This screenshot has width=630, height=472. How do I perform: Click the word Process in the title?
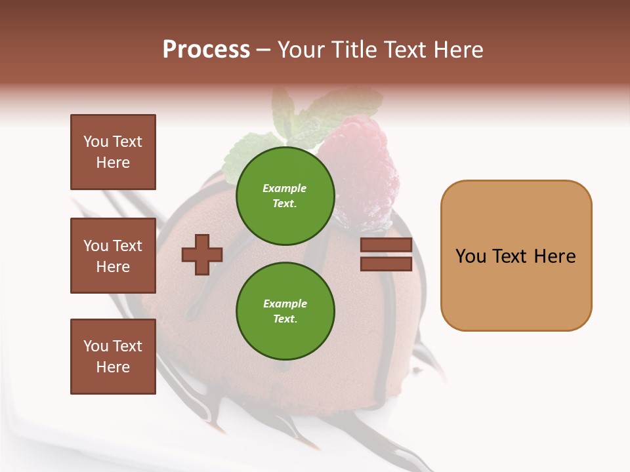click(x=206, y=50)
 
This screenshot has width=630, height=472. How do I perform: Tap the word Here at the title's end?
click(x=459, y=50)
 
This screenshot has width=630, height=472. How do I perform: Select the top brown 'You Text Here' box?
click(x=113, y=152)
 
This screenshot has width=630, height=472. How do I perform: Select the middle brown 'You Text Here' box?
click(x=113, y=256)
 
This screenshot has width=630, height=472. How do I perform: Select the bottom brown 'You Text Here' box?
click(x=113, y=357)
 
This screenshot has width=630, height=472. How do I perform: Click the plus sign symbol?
click(x=202, y=254)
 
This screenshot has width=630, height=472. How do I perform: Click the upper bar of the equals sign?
click(x=386, y=245)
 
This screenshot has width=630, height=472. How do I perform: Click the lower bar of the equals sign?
click(x=386, y=264)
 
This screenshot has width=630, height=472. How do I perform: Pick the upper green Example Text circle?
click(x=285, y=195)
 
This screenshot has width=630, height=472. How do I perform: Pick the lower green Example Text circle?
click(x=285, y=311)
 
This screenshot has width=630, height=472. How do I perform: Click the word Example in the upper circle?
click(x=284, y=188)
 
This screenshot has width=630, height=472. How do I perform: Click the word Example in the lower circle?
click(x=285, y=304)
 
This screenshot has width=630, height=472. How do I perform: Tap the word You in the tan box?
click(x=471, y=256)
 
